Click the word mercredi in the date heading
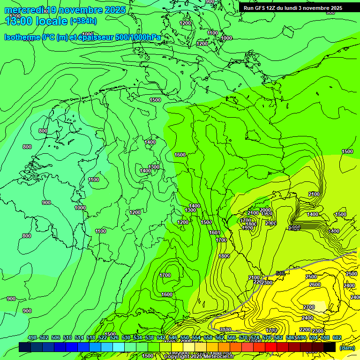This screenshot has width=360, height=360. point(25,10)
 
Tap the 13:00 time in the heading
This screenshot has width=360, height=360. point(22,21)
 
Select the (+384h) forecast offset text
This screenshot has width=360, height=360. point(83,21)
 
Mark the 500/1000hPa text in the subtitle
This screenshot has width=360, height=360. point(139,37)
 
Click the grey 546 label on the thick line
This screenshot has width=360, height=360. point(280,273)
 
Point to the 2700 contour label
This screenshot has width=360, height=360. point(308,307)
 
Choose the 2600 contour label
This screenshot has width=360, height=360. point(315,285)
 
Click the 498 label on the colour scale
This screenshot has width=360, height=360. point(32,338)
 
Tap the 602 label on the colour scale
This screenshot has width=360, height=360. point(337,338)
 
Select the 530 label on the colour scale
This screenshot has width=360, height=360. point(126,338)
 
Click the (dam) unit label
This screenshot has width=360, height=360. point(347,348)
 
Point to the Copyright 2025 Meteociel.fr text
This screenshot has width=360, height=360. point(199,357)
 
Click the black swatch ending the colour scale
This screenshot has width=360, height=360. point(330,347)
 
